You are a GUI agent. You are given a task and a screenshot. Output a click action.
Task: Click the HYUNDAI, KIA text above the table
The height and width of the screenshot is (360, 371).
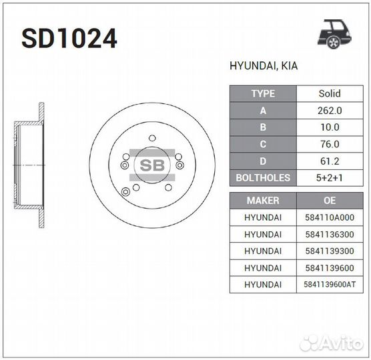264,67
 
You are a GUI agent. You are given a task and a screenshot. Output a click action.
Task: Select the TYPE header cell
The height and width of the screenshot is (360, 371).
262,94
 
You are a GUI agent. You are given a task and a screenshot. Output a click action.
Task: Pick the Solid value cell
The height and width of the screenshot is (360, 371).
328,94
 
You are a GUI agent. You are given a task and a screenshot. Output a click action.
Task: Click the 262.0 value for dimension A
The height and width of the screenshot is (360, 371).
328,111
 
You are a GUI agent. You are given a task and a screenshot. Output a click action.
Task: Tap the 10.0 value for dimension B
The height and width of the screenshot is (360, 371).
328,127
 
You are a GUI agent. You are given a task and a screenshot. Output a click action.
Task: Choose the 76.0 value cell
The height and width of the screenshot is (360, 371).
328,144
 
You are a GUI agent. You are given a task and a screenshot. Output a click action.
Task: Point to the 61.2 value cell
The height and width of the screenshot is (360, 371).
328,161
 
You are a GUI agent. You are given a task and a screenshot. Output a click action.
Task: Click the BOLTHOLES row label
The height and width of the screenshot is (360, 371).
262,178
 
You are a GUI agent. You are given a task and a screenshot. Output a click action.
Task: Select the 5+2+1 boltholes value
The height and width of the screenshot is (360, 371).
328,178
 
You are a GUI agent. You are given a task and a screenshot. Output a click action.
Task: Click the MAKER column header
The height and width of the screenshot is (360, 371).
262,200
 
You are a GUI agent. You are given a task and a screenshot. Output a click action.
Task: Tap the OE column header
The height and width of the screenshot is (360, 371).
328,200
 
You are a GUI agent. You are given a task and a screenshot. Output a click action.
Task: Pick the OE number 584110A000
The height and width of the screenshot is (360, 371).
328,217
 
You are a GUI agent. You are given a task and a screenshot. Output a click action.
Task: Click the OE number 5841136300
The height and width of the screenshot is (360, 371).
328,234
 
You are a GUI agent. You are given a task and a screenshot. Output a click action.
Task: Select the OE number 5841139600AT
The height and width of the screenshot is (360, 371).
328,285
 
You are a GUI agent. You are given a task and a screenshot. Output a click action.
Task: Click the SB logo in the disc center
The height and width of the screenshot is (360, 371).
152,165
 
